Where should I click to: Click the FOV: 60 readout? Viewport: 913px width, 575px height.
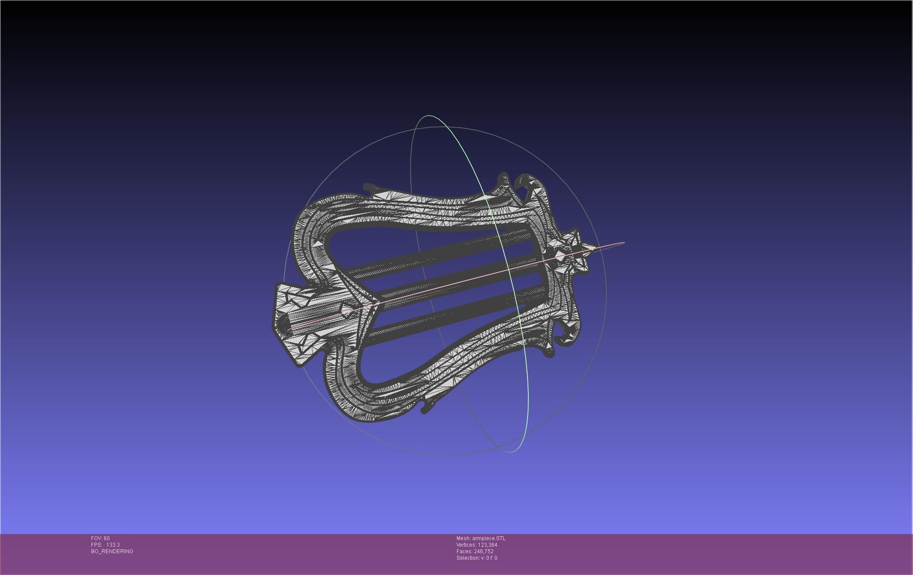pos(100,538)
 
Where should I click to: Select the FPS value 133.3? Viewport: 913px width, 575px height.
pos(112,545)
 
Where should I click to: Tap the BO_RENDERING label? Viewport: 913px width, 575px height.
pos(112,551)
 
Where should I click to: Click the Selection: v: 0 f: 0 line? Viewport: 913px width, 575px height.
pos(477,558)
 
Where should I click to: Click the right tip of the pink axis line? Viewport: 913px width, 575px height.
pos(624,243)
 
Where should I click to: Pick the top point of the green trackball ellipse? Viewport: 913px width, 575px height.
pos(429,116)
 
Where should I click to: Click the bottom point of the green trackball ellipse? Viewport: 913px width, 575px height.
pos(511,452)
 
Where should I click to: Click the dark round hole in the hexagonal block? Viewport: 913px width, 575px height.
pos(283,323)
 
